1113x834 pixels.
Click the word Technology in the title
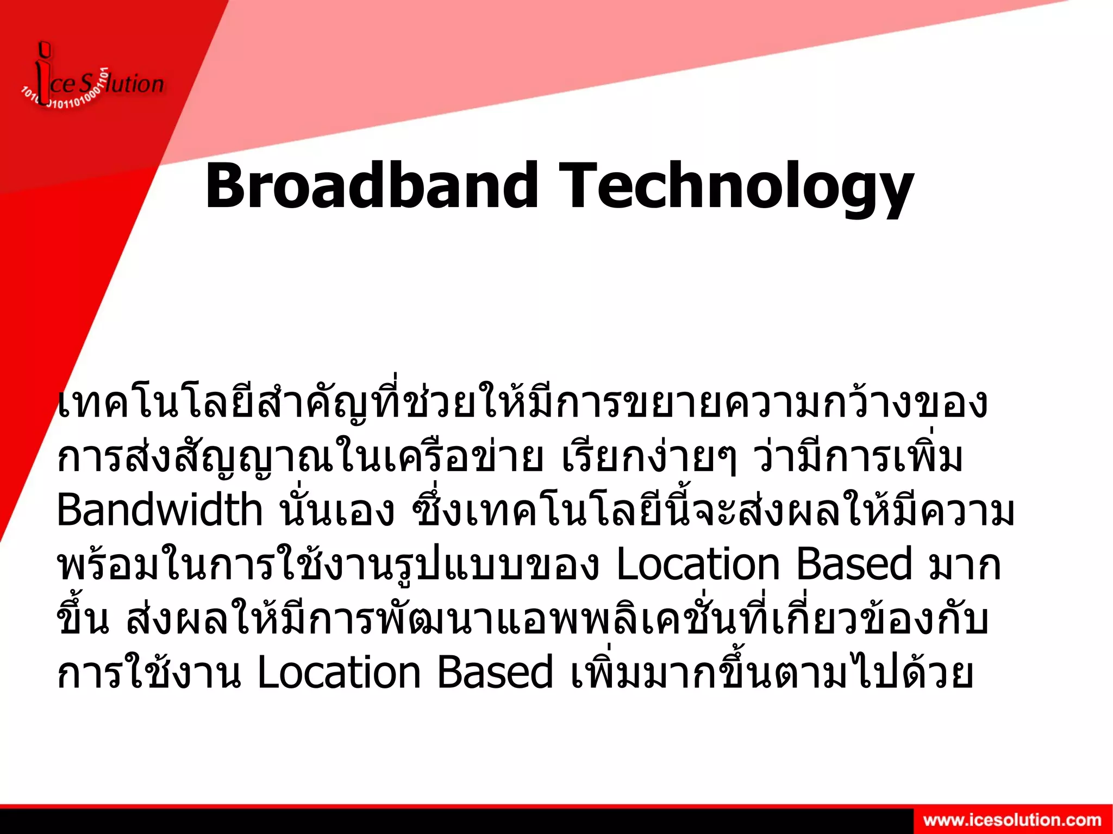pos(736,186)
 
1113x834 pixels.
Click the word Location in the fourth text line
pos(698,565)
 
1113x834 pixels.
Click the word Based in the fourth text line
pos(854,565)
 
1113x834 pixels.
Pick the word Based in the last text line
pos(495,673)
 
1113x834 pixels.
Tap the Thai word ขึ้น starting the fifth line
pos(83,619)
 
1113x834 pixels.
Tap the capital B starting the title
pos(227,186)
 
